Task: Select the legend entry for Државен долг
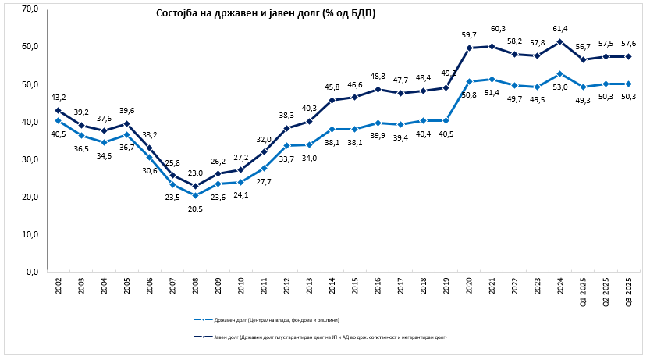pyautogui.click(x=265, y=319)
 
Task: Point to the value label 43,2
pyautogui.click(x=59, y=97)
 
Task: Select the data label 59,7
pyautogui.click(x=469, y=35)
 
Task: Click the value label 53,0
pyautogui.click(x=559, y=87)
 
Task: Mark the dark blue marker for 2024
pyautogui.click(x=559, y=41)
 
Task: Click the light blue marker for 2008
pyautogui.click(x=196, y=195)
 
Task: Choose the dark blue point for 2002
pyautogui.click(x=59, y=110)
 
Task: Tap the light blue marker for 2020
pyautogui.click(x=469, y=81)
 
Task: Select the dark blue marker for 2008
pyautogui.click(x=196, y=186)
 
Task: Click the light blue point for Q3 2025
pyautogui.click(x=628, y=84)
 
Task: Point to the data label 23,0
pyautogui.click(x=196, y=173)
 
